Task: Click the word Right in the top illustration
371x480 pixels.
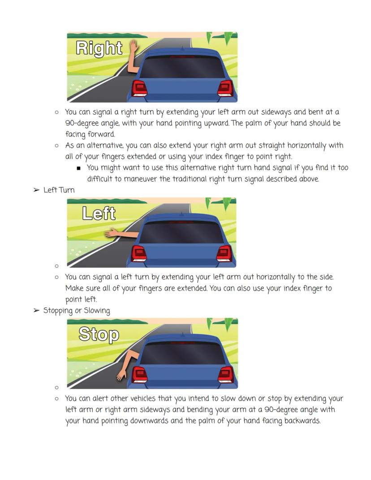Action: point(99,48)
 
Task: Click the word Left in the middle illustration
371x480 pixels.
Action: point(99,213)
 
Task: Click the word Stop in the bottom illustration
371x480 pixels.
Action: point(99,334)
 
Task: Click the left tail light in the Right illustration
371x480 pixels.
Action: point(139,88)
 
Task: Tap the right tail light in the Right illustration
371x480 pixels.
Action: point(225,88)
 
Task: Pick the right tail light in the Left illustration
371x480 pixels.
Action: point(224,254)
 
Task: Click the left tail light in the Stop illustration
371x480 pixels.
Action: point(140,375)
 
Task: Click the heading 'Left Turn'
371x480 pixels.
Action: point(59,190)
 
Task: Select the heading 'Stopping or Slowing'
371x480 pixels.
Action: point(77,311)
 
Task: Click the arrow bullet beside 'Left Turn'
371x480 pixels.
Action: point(36,190)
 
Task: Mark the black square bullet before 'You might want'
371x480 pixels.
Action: point(79,168)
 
